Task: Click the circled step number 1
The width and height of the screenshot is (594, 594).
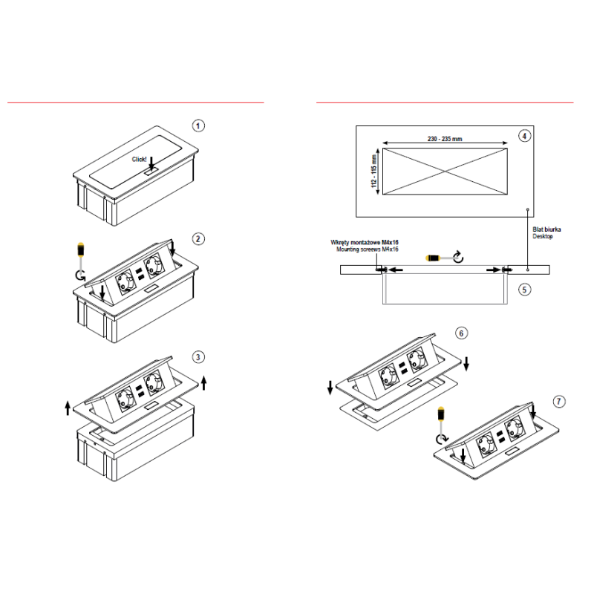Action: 198,125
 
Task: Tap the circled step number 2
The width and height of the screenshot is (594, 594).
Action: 198,239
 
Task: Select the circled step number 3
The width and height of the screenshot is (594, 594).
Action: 198,357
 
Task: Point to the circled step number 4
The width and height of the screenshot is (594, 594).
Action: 524,136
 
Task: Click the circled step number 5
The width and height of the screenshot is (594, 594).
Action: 524,290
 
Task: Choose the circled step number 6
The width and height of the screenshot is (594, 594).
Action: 461,333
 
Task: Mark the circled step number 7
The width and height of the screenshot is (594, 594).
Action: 559,402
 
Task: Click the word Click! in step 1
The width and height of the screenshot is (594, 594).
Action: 139,159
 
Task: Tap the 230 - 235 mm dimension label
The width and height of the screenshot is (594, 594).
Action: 445,139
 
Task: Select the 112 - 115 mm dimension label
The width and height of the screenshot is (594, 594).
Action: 374,171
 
